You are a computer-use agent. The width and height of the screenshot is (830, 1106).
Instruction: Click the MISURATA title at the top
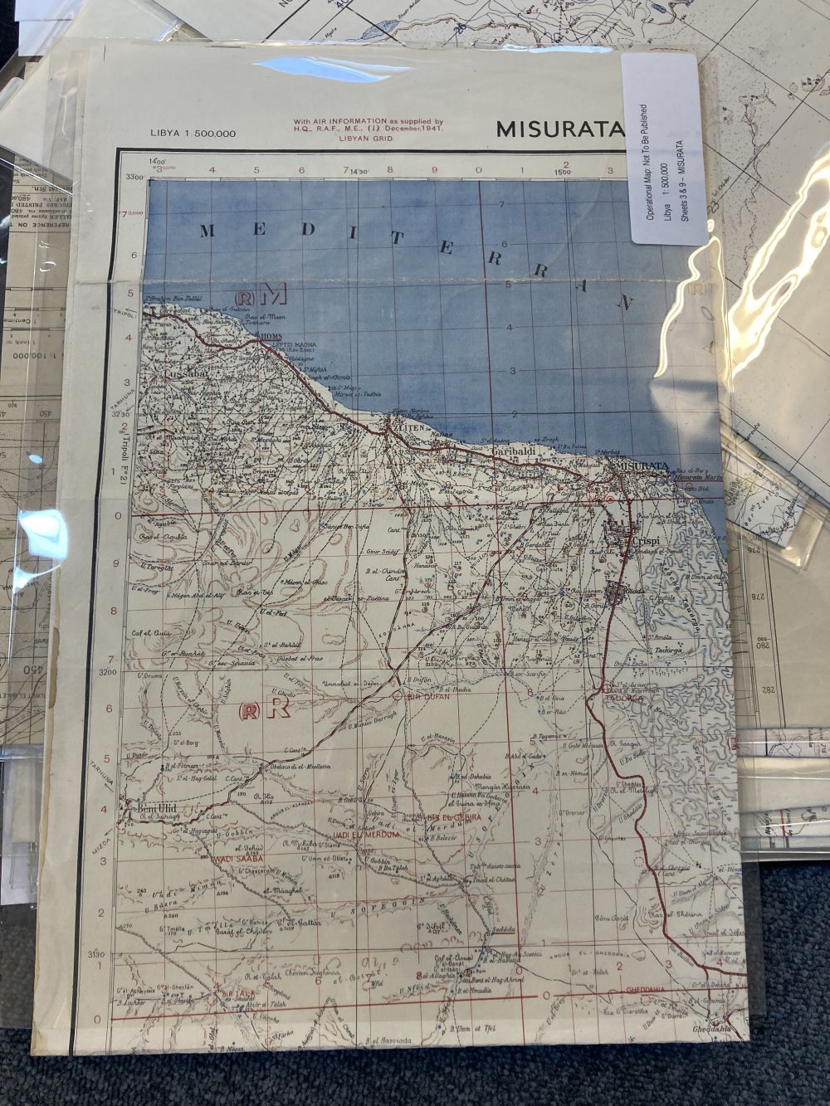[x=559, y=129]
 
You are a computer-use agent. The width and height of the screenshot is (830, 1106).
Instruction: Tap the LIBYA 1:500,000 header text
[x=193, y=133]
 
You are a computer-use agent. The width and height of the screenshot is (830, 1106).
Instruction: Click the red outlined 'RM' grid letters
[x=261, y=294]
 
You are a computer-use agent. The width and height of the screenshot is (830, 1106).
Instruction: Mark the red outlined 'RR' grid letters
[x=264, y=709]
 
